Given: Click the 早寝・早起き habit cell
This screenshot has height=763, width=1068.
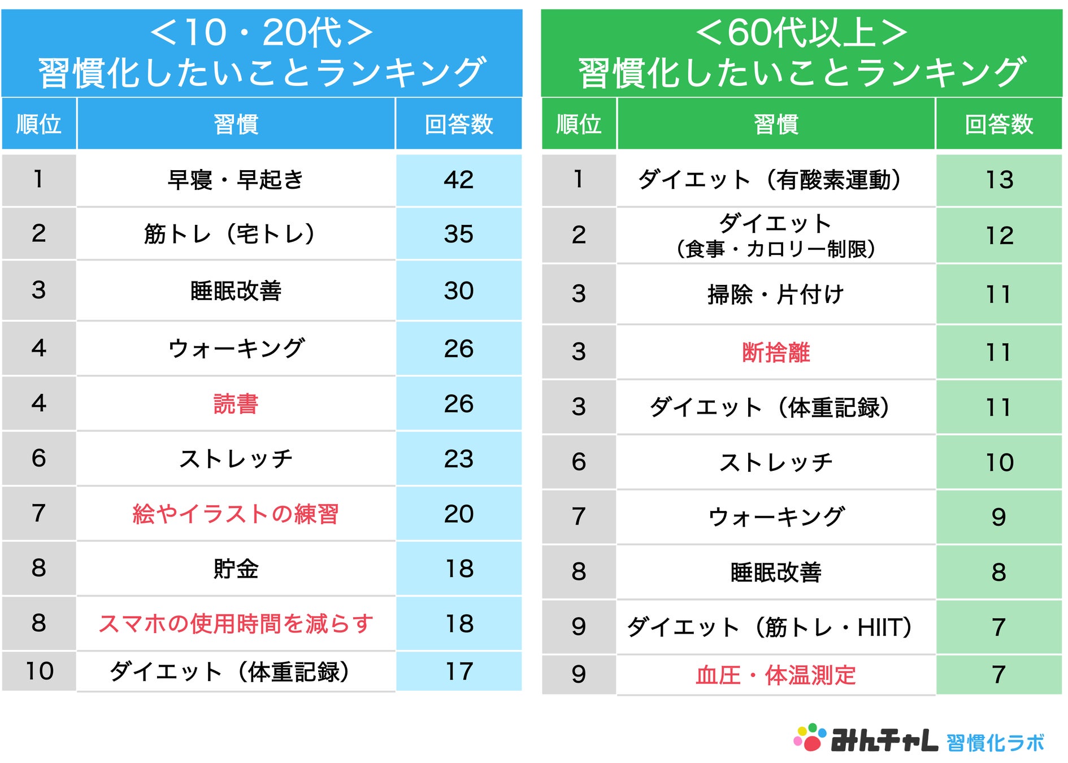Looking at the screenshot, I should (x=236, y=180).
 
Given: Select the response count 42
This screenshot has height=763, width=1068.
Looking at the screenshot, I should (x=458, y=180).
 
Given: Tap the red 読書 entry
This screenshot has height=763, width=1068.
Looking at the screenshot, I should (x=236, y=404).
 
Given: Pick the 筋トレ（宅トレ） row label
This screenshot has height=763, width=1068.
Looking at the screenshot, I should (x=229, y=234).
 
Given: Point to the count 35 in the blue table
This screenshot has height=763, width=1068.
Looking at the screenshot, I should (x=458, y=234).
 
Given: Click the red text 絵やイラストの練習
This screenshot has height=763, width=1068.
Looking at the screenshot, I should (x=236, y=514).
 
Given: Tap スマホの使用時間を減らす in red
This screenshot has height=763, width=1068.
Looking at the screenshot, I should (x=236, y=624).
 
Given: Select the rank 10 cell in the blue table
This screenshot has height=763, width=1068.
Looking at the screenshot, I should (x=39, y=671).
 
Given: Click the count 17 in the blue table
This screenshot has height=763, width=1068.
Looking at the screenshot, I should (x=458, y=671).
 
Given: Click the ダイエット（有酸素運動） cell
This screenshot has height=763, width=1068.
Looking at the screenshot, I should (x=770, y=180).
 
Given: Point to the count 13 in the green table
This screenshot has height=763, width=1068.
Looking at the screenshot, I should (x=999, y=180).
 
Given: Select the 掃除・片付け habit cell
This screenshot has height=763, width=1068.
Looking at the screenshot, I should (x=776, y=294).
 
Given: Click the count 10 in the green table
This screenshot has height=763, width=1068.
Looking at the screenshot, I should (x=999, y=462).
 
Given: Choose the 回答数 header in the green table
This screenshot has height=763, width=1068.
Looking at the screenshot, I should (x=999, y=124).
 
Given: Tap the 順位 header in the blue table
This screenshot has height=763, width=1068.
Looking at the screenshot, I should (x=38, y=124).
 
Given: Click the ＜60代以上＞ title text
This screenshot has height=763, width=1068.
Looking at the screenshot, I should (x=801, y=33).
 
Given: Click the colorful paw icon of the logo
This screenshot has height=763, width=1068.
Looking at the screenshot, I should (x=810, y=738).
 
